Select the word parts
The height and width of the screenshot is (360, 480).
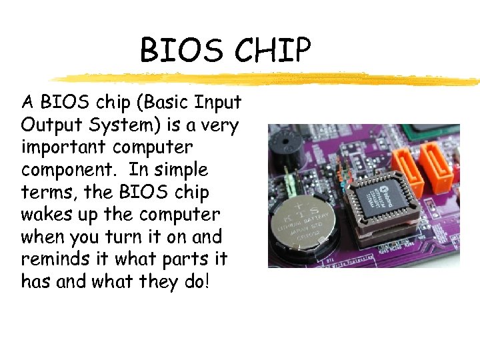click(188, 259)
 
